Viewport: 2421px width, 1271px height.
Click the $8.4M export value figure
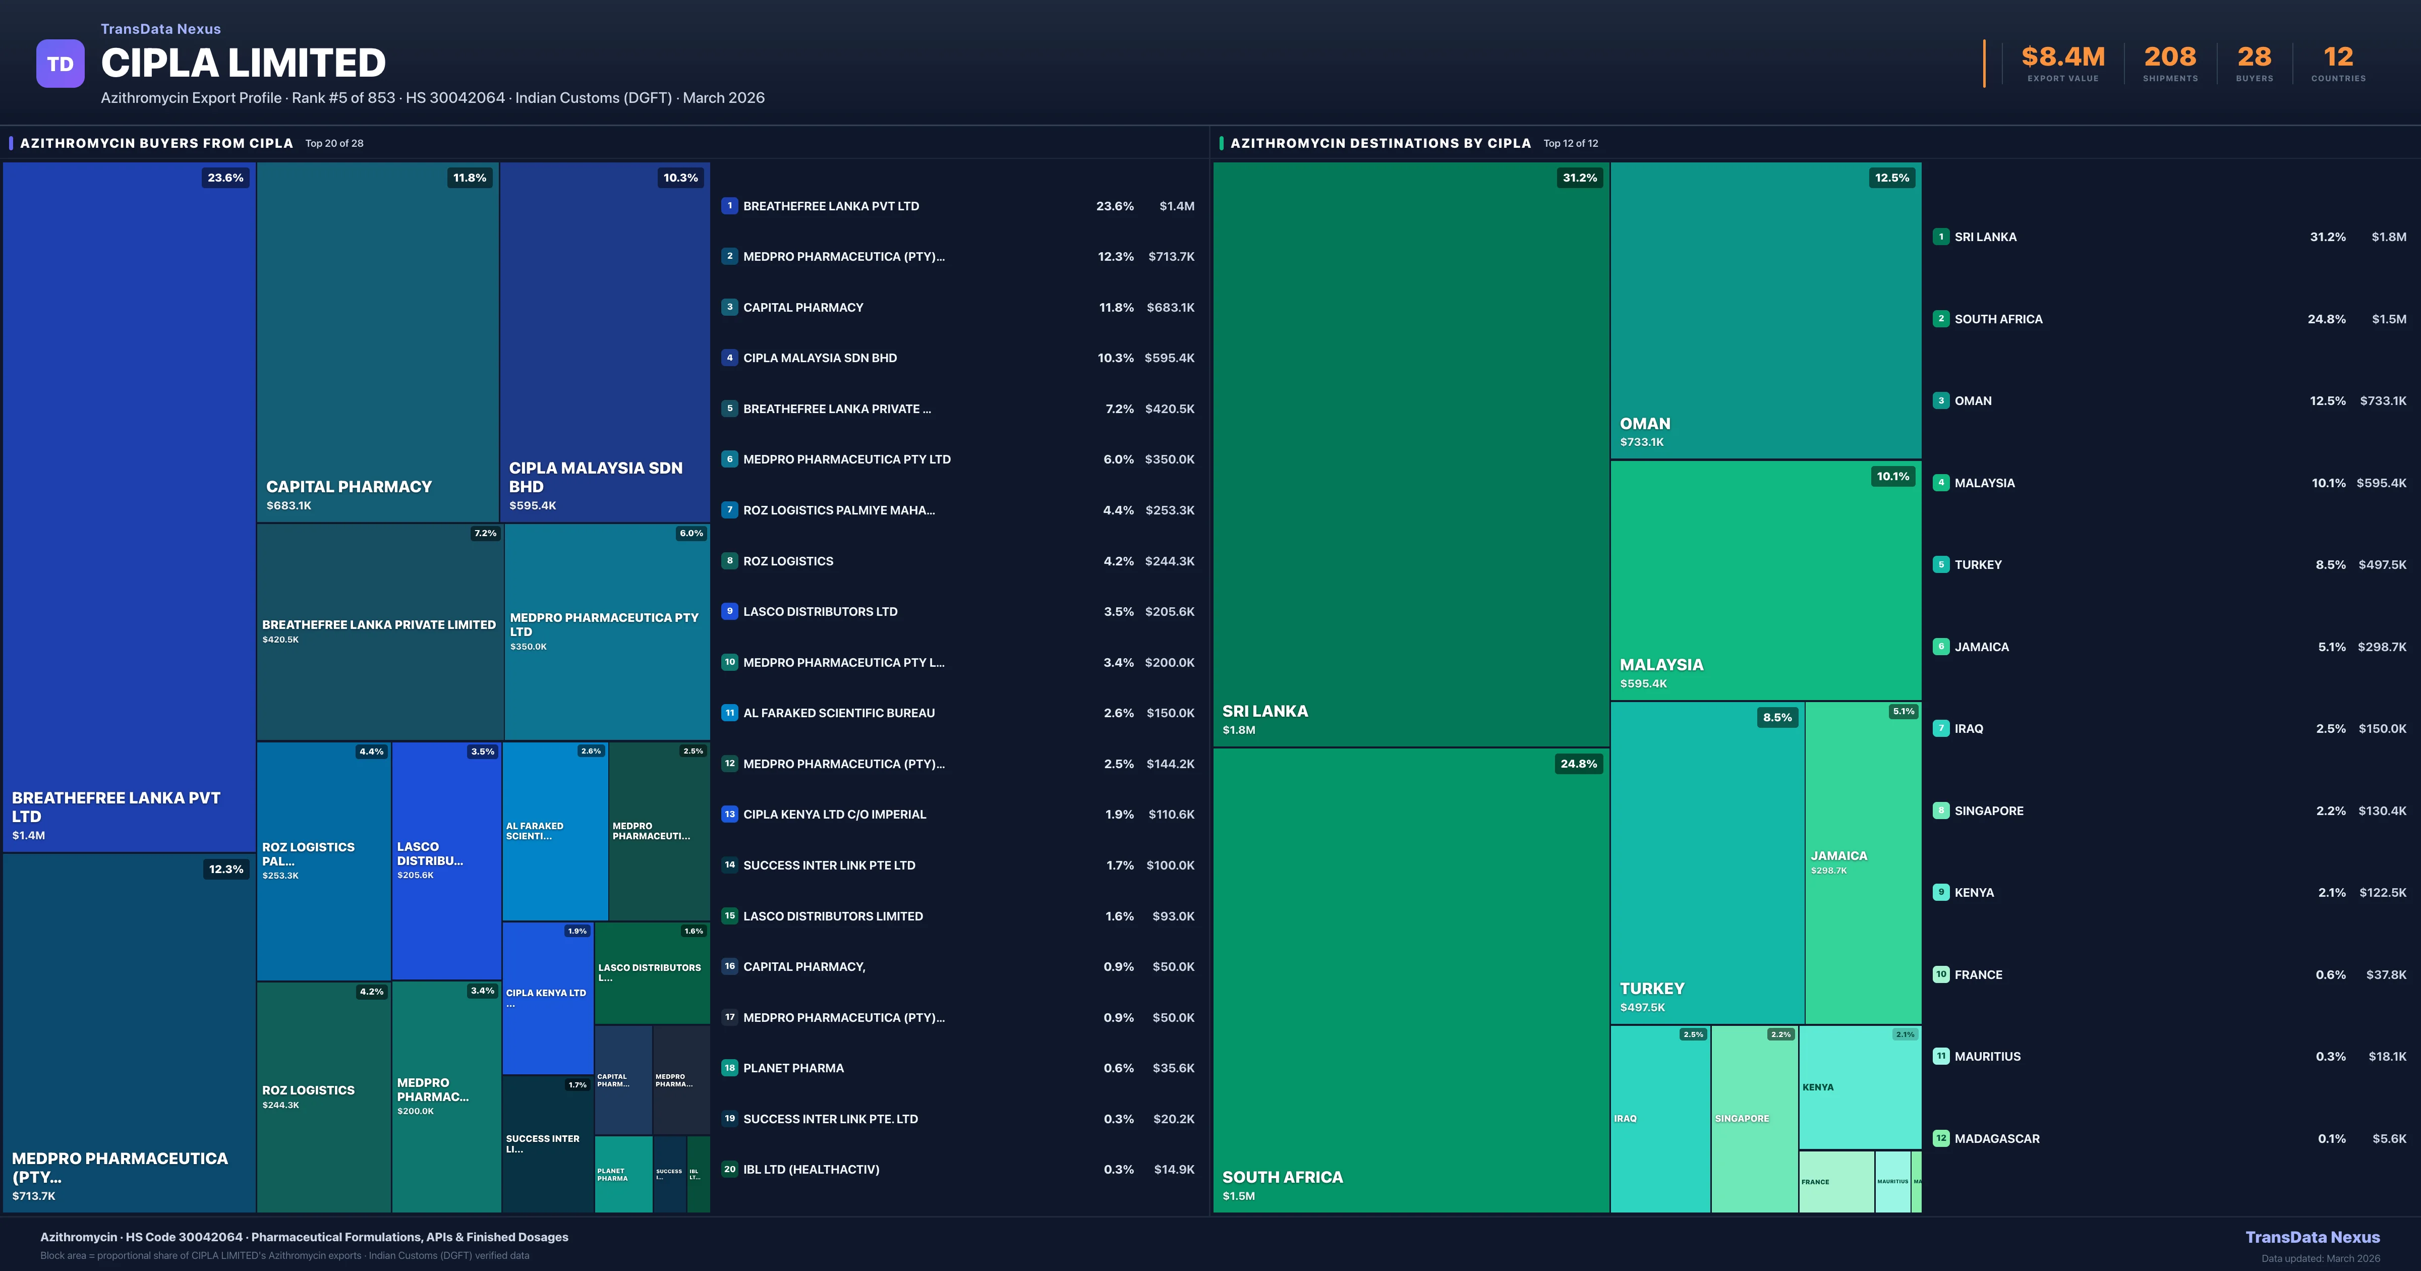[2063, 57]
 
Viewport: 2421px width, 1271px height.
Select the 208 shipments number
[2169, 57]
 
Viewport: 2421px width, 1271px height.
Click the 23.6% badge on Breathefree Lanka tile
[225, 178]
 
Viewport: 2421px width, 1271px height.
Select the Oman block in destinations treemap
[1765, 310]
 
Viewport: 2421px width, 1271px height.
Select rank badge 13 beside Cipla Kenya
[729, 814]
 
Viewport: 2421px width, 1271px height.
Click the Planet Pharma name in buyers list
[793, 1068]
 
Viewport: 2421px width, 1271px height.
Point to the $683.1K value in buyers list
[1170, 307]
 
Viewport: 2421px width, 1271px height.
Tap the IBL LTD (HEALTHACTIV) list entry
[811, 1170]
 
